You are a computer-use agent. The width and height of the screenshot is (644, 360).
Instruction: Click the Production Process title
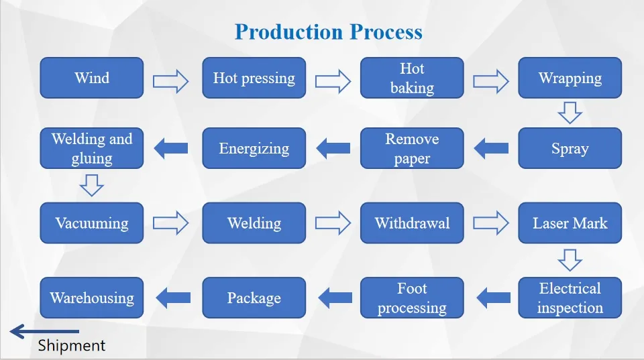pyautogui.click(x=329, y=32)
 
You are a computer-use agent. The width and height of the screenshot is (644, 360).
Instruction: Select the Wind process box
pyautogui.click(x=92, y=78)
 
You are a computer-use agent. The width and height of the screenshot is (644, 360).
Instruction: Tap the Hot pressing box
pyautogui.click(x=254, y=78)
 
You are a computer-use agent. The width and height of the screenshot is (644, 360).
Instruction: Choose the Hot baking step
pyautogui.click(x=412, y=78)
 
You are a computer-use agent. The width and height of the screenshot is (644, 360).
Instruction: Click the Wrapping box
pyautogui.click(x=570, y=78)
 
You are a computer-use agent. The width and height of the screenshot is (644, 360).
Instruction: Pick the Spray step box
pyautogui.click(x=570, y=148)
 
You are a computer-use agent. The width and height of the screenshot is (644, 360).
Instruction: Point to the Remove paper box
pyautogui.click(x=412, y=148)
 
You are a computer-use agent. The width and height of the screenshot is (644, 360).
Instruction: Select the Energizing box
pyautogui.click(x=254, y=148)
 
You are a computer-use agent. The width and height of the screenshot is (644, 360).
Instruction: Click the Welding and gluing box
pyautogui.click(x=92, y=148)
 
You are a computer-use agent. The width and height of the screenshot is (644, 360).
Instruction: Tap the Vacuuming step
pyautogui.click(x=92, y=223)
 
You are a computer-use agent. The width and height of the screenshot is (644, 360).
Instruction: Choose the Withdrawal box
pyautogui.click(x=412, y=223)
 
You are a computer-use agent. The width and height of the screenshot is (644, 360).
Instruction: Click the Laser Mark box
pyautogui.click(x=570, y=223)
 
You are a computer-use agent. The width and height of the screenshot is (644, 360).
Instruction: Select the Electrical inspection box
pyautogui.click(x=570, y=298)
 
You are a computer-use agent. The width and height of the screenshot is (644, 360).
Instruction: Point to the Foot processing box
pyautogui.click(x=412, y=298)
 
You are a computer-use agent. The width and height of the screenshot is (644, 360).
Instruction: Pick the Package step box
pyautogui.click(x=254, y=298)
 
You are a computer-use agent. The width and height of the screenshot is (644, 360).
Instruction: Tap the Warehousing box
pyautogui.click(x=92, y=298)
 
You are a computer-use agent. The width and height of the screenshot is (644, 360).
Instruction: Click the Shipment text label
pyautogui.click(x=72, y=346)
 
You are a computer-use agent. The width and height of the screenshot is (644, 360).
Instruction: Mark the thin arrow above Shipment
pyautogui.click(x=44, y=331)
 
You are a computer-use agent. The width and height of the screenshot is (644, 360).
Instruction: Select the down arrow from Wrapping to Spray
pyautogui.click(x=570, y=112)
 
